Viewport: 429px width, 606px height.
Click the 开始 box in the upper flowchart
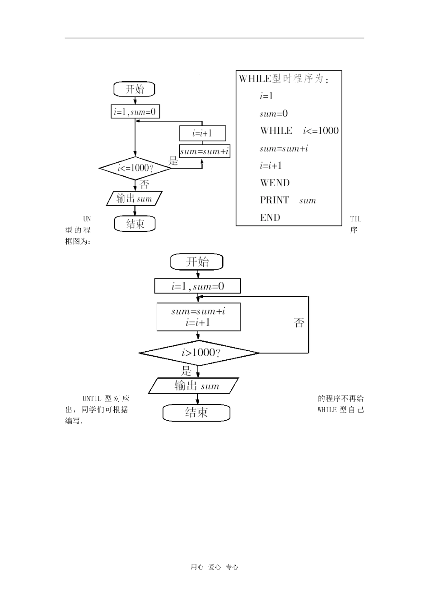pyautogui.click(x=134, y=89)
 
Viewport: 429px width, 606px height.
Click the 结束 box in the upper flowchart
pyautogui.click(x=135, y=224)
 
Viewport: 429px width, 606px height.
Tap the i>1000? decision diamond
pyautogui.click(x=199, y=353)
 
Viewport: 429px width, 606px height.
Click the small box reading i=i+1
pyautogui.click(x=202, y=133)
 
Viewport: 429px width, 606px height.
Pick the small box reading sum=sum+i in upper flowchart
pyautogui.click(x=205, y=151)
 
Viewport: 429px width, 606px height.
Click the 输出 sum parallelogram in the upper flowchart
pyautogui.click(x=134, y=198)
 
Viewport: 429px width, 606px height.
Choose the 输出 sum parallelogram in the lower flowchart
pyautogui.click(x=194, y=386)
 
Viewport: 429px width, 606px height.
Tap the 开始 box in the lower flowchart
pyautogui.click(x=197, y=262)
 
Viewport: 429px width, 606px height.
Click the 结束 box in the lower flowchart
pyautogui.click(x=196, y=413)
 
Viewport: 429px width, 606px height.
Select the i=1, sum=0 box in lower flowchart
pyautogui.click(x=197, y=286)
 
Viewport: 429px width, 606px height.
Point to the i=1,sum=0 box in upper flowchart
pyautogui.click(x=135, y=111)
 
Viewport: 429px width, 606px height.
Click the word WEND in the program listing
pyautogui.click(x=275, y=183)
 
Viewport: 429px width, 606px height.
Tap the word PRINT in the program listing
pyautogui.click(x=274, y=200)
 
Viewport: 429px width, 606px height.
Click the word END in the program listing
pyautogui.click(x=270, y=218)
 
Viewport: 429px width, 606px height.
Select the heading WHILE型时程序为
pyautogui.click(x=283, y=79)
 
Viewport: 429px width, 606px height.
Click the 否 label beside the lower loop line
pyautogui.click(x=299, y=323)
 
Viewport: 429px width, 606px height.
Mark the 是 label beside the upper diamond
pyautogui.click(x=173, y=161)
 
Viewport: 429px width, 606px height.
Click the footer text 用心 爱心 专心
pyautogui.click(x=214, y=567)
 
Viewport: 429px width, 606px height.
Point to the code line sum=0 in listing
pyautogui.click(x=273, y=114)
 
